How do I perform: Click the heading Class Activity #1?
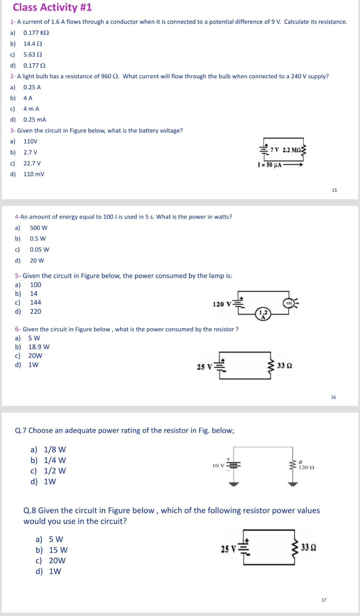52,7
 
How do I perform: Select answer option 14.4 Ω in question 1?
33,44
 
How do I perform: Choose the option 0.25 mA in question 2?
35,120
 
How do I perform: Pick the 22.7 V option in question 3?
32,163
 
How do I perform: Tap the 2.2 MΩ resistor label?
292,150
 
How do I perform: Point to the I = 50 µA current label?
270,165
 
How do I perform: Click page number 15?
334,190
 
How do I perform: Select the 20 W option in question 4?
37,261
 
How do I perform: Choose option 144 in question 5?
35,303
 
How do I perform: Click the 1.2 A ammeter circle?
263,314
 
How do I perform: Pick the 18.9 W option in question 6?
39,347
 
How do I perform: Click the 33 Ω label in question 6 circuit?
285,366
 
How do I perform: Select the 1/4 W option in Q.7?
55,460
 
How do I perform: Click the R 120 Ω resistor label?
306,465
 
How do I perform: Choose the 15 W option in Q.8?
58,550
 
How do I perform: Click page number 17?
324,600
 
